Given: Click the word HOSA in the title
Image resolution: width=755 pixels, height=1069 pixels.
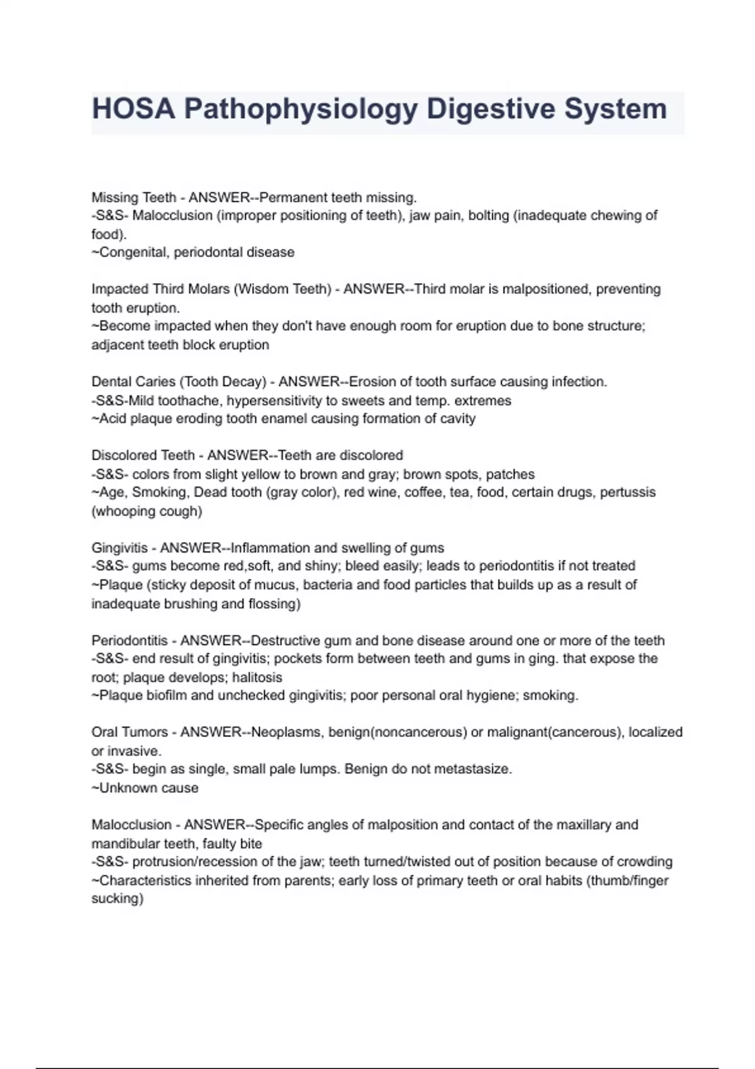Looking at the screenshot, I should (133, 109).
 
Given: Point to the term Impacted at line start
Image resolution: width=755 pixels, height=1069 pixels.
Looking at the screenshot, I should (120, 289).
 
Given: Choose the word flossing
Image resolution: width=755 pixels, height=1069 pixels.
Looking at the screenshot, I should (274, 604).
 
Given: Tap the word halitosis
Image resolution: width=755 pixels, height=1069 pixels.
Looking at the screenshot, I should (257, 677).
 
